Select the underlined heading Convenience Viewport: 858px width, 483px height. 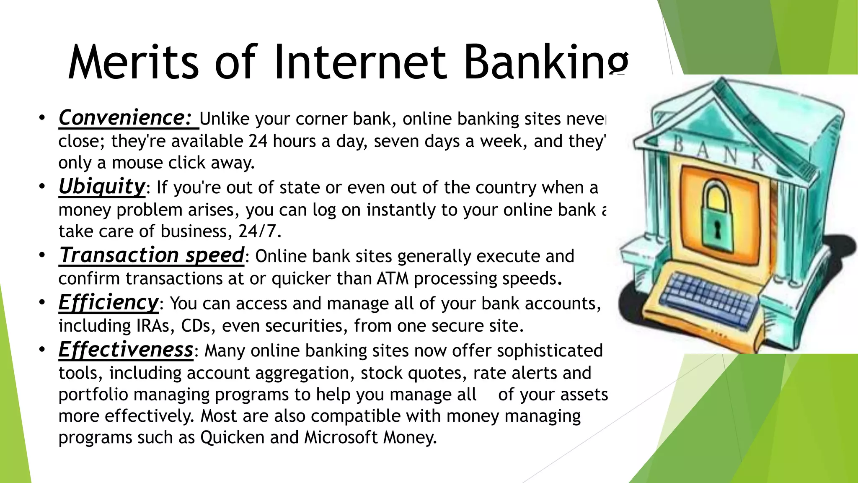(x=125, y=118)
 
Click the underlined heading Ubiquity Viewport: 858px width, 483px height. (x=101, y=187)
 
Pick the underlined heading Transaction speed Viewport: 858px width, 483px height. (x=151, y=255)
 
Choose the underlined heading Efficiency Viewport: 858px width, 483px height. (x=109, y=303)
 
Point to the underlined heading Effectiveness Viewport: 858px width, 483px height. (x=126, y=350)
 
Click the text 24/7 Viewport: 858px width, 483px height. (x=260, y=231)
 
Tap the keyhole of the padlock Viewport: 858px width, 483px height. (x=718, y=230)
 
